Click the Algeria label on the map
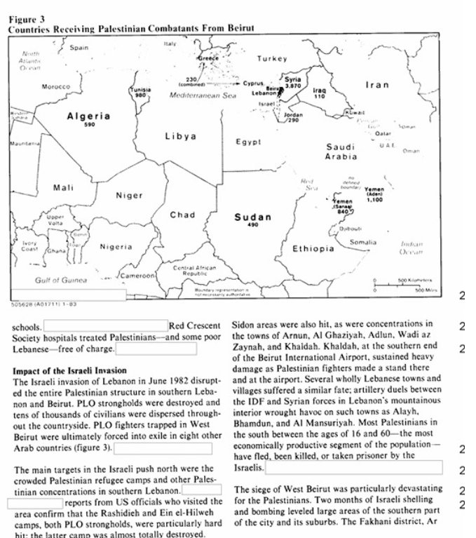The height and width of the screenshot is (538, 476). (x=88, y=116)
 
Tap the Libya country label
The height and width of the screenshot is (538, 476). (x=181, y=136)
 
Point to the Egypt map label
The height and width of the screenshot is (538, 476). (x=248, y=142)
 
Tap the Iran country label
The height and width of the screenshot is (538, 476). (x=377, y=85)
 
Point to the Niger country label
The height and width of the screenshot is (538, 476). (x=128, y=196)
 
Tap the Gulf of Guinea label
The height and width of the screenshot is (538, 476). (x=60, y=280)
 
